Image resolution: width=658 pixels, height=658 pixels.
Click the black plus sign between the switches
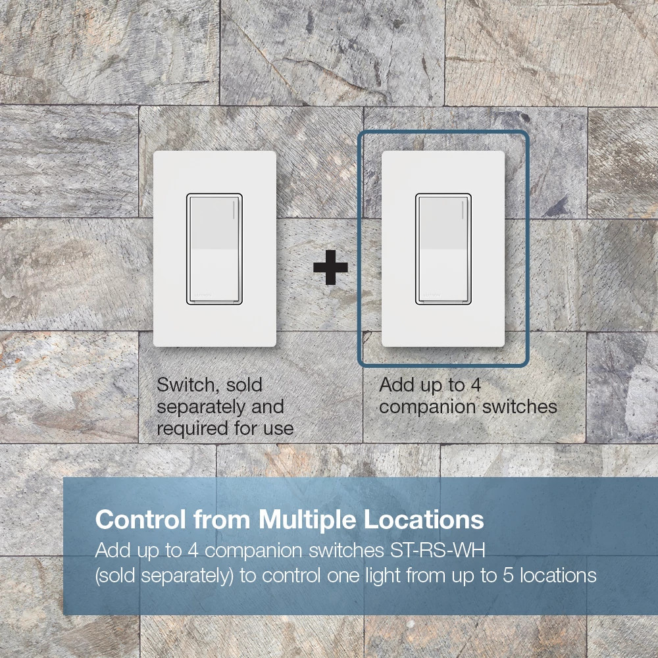(x=331, y=267)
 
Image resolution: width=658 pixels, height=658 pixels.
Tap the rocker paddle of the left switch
(x=215, y=249)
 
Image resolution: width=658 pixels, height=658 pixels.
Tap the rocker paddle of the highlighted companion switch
(x=443, y=249)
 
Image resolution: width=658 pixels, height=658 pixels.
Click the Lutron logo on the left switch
(x=203, y=295)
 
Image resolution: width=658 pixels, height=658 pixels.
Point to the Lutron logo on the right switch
(x=432, y=295)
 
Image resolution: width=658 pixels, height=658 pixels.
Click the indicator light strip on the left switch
(x=234, y=210)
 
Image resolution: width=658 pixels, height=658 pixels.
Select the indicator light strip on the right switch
(x=463, y=210)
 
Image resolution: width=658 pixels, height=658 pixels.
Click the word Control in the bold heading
(x=141, y=520)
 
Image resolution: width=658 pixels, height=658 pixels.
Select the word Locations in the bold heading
(x=424, y=520)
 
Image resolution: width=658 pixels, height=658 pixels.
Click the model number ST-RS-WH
(x=438, y=551)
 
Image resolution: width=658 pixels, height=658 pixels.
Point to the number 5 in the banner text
(x=508, y=576)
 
